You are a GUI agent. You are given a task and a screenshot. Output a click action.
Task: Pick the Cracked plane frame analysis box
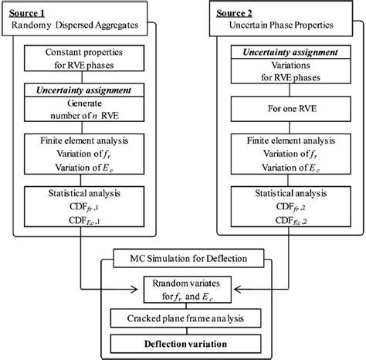click(183, 318)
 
